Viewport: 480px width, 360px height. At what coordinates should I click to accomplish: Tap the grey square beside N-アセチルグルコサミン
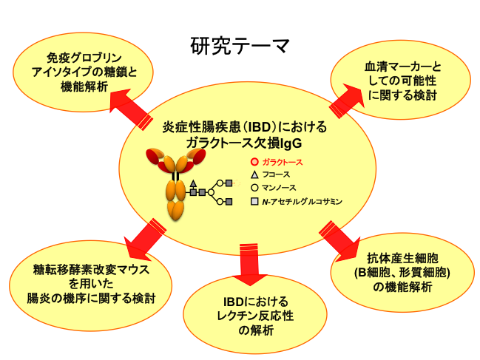pyautogui.click(x=254, y=200)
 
